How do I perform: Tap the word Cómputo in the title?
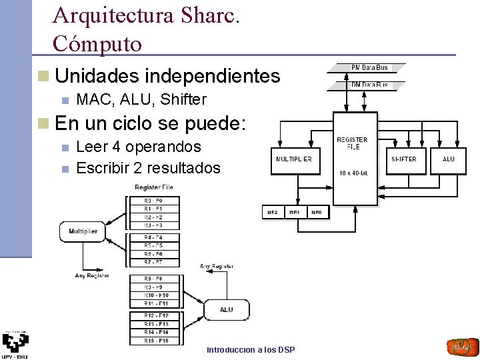tap(97, 43)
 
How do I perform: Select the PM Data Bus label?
tap(369, 67)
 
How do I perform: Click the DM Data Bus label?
tap(369, 85)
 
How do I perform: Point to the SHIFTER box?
tap(403, 159)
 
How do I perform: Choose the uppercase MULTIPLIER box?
tap(293, 159)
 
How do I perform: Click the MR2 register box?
tap(272, 213)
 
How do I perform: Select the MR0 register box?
tap(317, 213)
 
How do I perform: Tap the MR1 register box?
tap(294, 213)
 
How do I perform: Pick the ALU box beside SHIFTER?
tap(449, 159)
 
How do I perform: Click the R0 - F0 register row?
tap(153, 201)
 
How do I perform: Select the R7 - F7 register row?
tap(153, 263)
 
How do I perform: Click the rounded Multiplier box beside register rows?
tap(83, 231)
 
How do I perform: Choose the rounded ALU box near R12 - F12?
tap(227, 309)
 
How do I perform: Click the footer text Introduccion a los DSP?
tap(251, 350)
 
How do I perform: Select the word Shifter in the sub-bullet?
tap(184, 100)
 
